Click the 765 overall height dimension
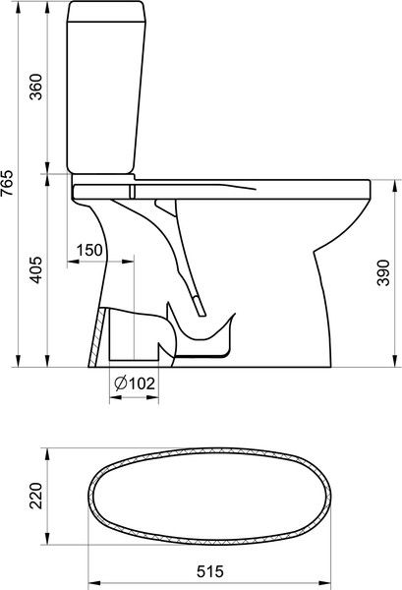[x=7, y=183]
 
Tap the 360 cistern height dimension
[x=36, y=87]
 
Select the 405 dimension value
[x=36, y=270]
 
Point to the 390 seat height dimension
[x=383, y=272]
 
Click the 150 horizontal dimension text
[x=89, y=250]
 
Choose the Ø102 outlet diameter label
[x=135, y=383]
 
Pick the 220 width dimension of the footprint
[x=36, y=496]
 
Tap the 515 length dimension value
[x=209, y=571]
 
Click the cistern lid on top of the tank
[x=106, y=11]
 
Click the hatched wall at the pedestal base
[x=95, y=337]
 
